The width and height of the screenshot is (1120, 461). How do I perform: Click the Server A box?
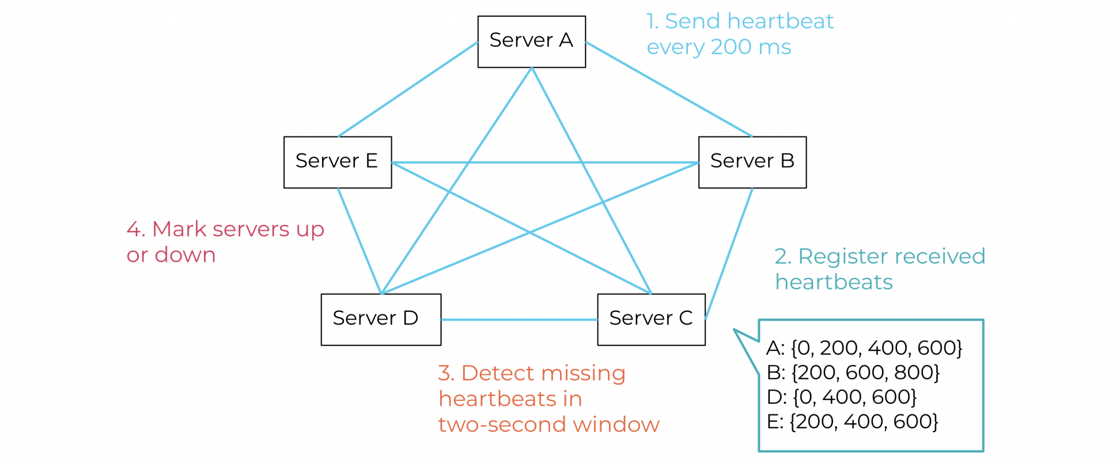point(531,42)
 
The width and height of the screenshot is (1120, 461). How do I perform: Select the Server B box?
point(752,162)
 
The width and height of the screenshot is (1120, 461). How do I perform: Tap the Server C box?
point(651,319)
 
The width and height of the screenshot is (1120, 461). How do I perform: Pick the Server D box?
point(381,319)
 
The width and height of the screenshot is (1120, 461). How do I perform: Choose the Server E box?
point(337,162)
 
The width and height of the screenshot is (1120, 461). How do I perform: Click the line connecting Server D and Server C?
point(519,320)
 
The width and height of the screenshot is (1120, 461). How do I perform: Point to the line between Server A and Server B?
point(668,89)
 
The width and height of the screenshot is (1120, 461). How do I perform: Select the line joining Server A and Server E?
point(408,89)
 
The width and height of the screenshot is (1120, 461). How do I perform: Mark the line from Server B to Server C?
point(729,253)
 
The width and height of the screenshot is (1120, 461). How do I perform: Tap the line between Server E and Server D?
point(359,240)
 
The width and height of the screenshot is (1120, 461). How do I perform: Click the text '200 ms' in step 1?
point(750,48)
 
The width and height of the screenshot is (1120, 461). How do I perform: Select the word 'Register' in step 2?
point(837,257)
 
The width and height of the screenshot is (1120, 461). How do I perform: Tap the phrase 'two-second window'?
point(549,424)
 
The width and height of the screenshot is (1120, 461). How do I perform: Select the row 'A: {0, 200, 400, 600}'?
point(864,348)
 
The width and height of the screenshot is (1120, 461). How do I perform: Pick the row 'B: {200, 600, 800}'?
point(853,373)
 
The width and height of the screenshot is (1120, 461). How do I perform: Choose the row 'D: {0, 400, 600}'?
point(841,397)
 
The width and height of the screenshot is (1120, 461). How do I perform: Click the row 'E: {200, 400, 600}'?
point(852,422)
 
